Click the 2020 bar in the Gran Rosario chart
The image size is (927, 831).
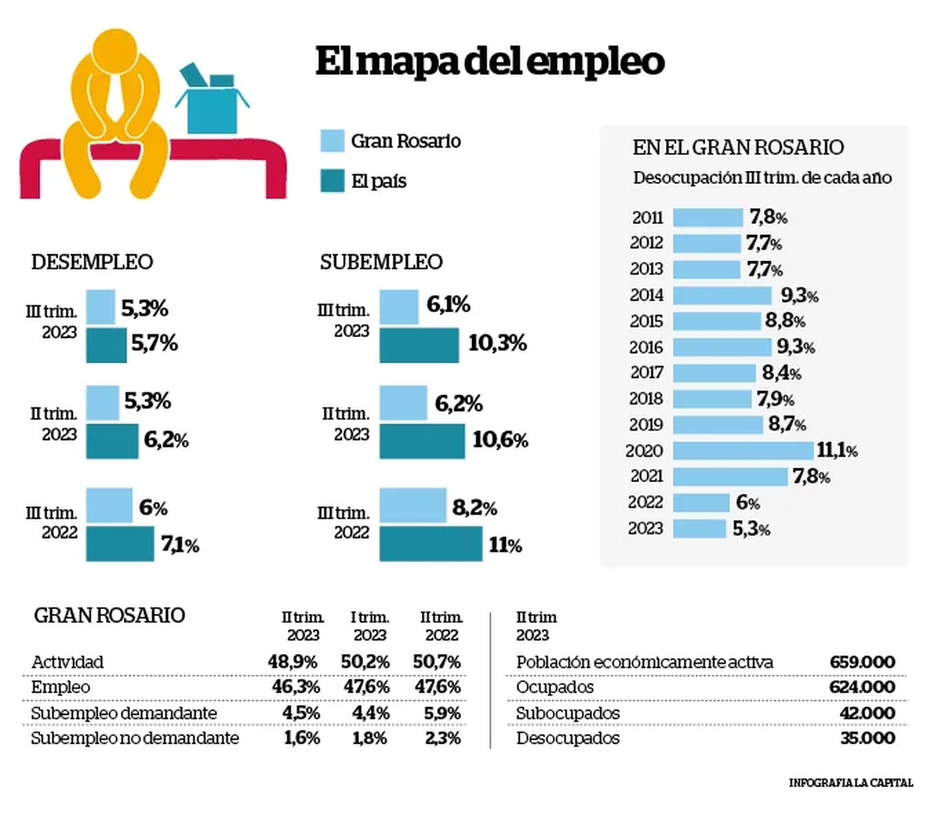coord(743,450)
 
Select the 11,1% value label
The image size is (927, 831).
coord(837,450)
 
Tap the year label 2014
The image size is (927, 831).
coord(647,295)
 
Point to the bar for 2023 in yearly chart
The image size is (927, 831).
coord(699,528)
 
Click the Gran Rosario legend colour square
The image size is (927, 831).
coord(332,141)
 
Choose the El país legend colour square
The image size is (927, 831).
coord(332,181)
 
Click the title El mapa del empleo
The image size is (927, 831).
coord(490,62)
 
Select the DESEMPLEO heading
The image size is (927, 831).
coord(92,262)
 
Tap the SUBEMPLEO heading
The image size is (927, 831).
coord(381,262)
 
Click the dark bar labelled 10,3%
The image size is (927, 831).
coord(419,345)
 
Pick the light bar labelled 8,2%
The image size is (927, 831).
coord(413,505)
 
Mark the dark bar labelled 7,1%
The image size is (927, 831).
coord(120,543)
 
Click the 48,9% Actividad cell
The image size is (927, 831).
coord(293,662)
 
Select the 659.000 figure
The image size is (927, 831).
coord(862,662)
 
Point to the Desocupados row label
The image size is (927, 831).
coord(567,738)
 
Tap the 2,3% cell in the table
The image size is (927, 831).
coord(443,738)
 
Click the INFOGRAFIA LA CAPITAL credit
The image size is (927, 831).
coord(850,783)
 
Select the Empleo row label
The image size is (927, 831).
coord(60,687)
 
